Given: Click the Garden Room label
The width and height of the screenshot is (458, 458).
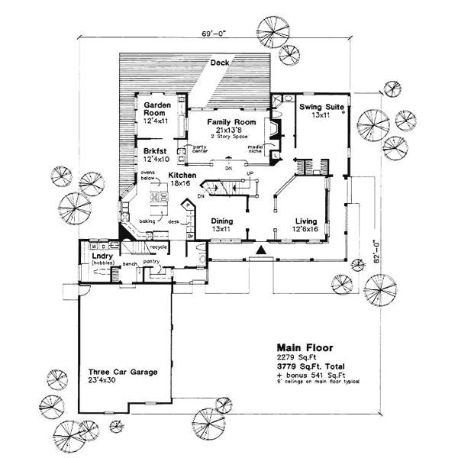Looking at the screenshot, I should click(x=156, y=113).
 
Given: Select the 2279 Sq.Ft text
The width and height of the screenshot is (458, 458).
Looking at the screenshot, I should click(x=296, y=357).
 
